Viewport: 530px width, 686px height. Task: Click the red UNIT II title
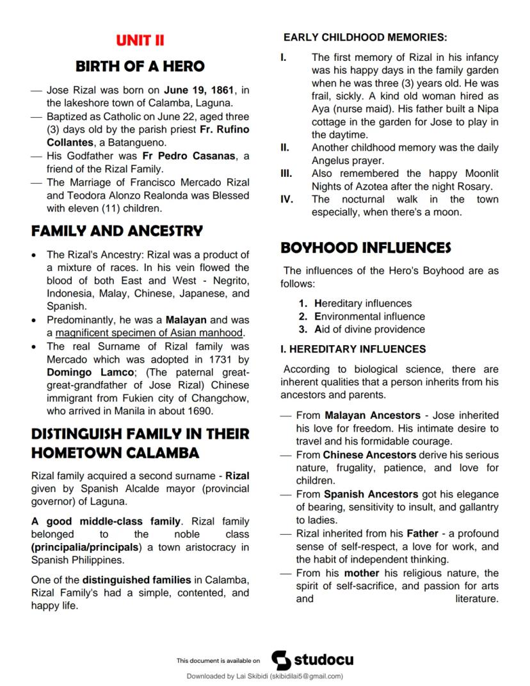(140, 40)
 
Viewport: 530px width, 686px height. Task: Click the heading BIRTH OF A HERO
(140, 66)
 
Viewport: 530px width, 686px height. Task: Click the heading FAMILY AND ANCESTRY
(117, 231)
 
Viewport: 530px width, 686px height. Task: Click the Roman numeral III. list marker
(286, 174)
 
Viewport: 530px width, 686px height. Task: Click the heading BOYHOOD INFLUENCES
(366, 248)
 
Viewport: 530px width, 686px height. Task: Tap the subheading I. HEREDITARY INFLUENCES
(353, 349)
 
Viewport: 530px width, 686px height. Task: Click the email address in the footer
(307, 676)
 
